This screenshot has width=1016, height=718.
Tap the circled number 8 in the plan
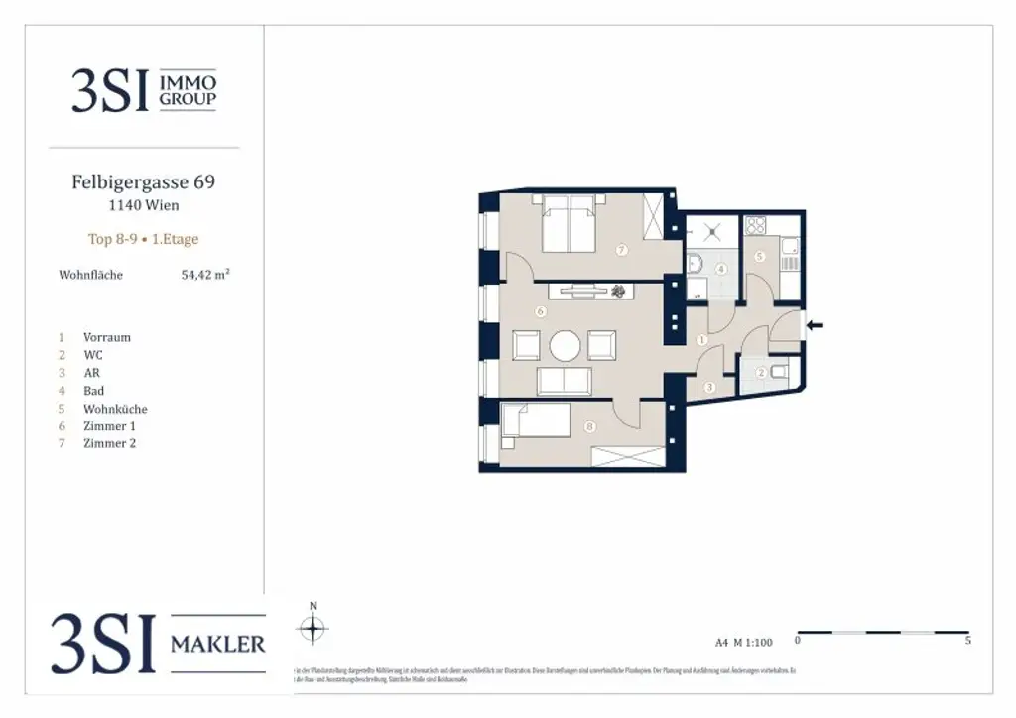click(x=590, y=428)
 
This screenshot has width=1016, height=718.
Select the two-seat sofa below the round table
click(x=564, y=381)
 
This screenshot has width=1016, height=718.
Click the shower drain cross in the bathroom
click(x=710, y=232)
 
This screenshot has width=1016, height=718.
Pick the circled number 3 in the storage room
click(x=709, y=387)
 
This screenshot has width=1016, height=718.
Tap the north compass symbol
click(x=313, y=627)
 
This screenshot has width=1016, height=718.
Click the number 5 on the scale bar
click(x=967, y=642)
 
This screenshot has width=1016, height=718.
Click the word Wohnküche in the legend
click(x=115, y=409)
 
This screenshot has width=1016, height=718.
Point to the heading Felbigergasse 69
click(x=144, y=182)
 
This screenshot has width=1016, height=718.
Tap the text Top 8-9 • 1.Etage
click(x=144, y=239)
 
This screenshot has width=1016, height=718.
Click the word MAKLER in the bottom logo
click(x=218, y=645)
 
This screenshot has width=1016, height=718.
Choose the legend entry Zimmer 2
click(x=109, y=443)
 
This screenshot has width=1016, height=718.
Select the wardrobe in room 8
click(x=627, y=456)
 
